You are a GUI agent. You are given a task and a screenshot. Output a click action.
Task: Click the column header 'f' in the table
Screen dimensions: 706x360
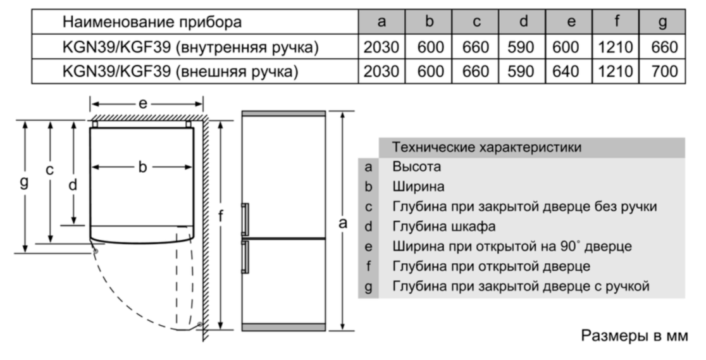pyautogui.click(x=616, y=21)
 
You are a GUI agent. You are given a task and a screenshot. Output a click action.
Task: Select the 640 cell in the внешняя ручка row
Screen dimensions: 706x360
pyautogui.click(x=566, y=71)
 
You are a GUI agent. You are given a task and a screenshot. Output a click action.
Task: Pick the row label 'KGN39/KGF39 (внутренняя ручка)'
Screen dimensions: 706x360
pyautogui.click(x=190, y=47)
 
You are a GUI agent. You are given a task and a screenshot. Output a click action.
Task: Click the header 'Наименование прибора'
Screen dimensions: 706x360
pyautogui.click(x=152, y=22)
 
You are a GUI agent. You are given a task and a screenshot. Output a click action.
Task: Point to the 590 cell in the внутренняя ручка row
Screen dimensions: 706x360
pyautogui.click(x=521, y=47)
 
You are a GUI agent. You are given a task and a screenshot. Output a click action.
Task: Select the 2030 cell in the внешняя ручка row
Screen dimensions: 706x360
pyautogui.click(x=381, y=71)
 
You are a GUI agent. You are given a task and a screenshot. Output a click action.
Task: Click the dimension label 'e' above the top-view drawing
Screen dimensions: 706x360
pyautogui.click(x=143, y=104)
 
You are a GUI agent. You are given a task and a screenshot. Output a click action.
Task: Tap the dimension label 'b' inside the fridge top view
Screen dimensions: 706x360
pyautogui.click(x=143, y=167)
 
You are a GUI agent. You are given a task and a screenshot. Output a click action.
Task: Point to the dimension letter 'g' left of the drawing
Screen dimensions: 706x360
pyautogui.click(x=24, y=182)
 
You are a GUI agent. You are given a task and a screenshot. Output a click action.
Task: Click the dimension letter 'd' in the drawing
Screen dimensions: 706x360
pyautogui.click(x=73, y=184)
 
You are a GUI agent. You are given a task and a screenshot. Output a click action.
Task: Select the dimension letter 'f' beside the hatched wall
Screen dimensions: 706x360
pyautogui.click(x=221, y=216)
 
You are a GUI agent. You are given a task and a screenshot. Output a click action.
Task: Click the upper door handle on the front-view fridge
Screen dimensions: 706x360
pyautogui.click(x=245, y=220)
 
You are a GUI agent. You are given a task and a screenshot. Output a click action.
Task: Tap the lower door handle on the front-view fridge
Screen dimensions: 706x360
pyautogui.click(x=245, y=258)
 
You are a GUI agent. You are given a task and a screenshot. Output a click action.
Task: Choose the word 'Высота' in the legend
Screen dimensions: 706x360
pyautogui.click(x=416, y=166)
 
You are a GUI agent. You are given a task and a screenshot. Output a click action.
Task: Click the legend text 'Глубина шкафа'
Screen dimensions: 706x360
pyautogui.click(x=444, y=226)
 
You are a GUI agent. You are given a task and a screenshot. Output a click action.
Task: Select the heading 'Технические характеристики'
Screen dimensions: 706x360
pyautogui.click(x=486, y=147)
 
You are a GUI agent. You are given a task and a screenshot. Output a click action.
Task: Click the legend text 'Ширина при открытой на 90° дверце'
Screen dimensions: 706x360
pyautogui.click(x=512, y=246)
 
